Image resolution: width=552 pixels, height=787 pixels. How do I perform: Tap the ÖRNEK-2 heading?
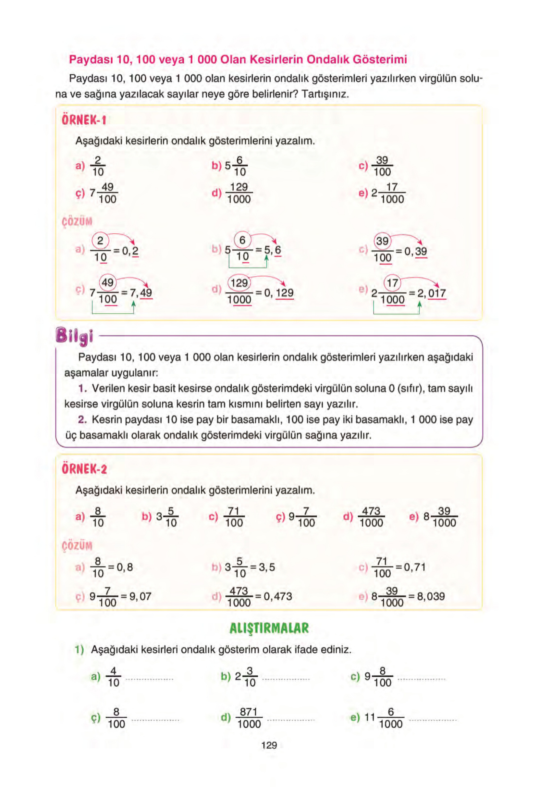point(84,469)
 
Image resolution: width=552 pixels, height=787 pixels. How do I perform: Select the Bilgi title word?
point(74,336)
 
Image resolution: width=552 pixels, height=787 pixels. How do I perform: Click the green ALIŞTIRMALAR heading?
point(269,628)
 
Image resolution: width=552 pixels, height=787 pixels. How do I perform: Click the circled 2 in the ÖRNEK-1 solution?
point(100,241)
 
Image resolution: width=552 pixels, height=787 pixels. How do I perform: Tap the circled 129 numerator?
point(239,283)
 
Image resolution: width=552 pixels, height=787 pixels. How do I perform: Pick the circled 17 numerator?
point(392,283)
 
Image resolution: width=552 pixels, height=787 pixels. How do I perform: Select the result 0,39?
point(416,252)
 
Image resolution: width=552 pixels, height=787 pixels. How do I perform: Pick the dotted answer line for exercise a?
point(149,679)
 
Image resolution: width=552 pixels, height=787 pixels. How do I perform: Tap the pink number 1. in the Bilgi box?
point(82,388)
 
